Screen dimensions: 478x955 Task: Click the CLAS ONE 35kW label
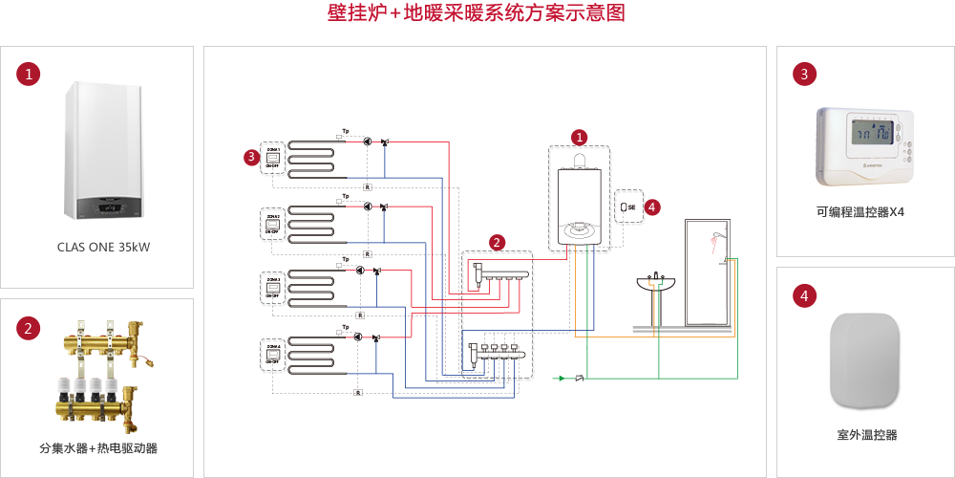pyautogui.click(x=103, y=248)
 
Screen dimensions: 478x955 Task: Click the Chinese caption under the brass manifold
pyautogui.click(x=98, y=448)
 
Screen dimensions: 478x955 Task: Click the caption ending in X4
pyautogui.click(x=860, y=212)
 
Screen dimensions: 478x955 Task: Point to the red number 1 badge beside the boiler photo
pyautogui.click(x=31, y=74)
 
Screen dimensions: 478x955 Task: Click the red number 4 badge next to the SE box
pyautogui.click(x=652, y=206)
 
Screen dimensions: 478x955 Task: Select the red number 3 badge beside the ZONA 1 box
pyautogui.click(x=251, y=156)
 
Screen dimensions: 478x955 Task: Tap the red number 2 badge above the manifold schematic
pyautogui.click(x=497, y=242)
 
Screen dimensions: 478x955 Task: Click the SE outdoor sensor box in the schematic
pyautogui.click(x=628, y=206)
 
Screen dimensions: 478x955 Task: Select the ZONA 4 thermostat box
pyautogui.click(x=272, y=355)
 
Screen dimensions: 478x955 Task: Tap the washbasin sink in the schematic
pyautogui.click(x=655, y=284)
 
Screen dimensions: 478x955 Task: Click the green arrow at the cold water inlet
pyautogui.click(x=562, y=379)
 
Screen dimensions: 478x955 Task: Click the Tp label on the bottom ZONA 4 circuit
pyautogui.click(x=346, y=327)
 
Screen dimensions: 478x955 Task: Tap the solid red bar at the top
pyautogui.click(x=476, y=12)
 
